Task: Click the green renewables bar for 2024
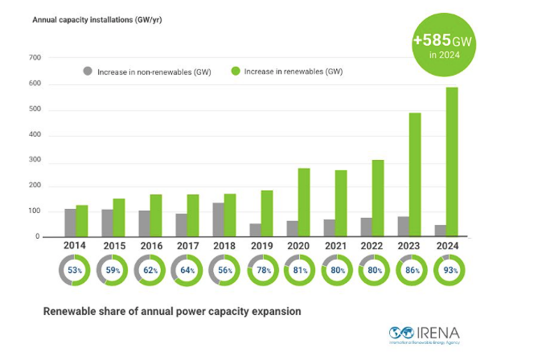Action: pos(452,162)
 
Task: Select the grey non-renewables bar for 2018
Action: pos(219,220)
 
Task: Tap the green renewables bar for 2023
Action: pos(415,174)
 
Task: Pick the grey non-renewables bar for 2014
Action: pos(70,223)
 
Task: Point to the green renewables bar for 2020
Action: pos(304,202)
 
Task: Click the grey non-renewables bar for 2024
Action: pos(441,231)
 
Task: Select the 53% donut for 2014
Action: pos(75,271)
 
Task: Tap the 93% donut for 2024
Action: pos(450,271)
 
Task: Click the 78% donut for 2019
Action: pos(263,271)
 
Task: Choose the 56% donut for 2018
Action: pos(224,271)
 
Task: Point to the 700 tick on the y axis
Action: pos(35,58)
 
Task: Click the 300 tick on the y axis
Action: pos(35,160)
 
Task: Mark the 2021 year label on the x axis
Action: pos(336,246)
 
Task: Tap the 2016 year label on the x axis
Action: pos(151,246)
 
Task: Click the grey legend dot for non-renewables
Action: pos(88,71)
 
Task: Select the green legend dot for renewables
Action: pos(235,71)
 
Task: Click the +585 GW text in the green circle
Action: pos(442,40)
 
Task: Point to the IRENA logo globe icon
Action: pos(401,333)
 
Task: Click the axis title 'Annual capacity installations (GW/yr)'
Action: pos(97,20)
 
